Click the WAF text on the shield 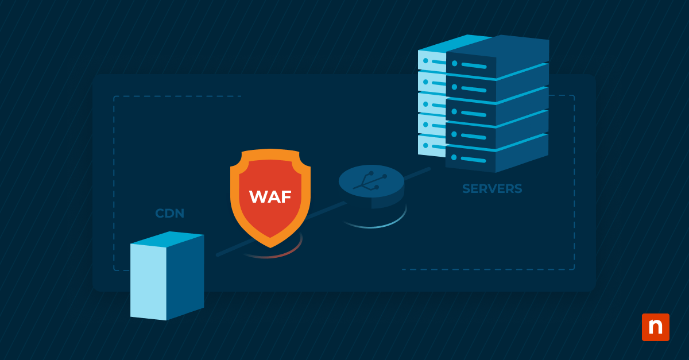coord(270,196)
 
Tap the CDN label coord(170,214)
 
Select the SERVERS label coord(492,189)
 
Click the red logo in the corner coord(655,327)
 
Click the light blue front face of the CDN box coord(148,281)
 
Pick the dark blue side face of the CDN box coord(185,276)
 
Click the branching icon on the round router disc coord(371,180)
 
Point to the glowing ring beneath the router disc coord(373,224)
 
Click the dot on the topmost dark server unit coord(455,63)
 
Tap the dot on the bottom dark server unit coord(454,157)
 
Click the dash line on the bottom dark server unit coord(474,160)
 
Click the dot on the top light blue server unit coord(425,60)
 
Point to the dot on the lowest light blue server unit coord(425,145)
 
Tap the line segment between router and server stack coord(416,173)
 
